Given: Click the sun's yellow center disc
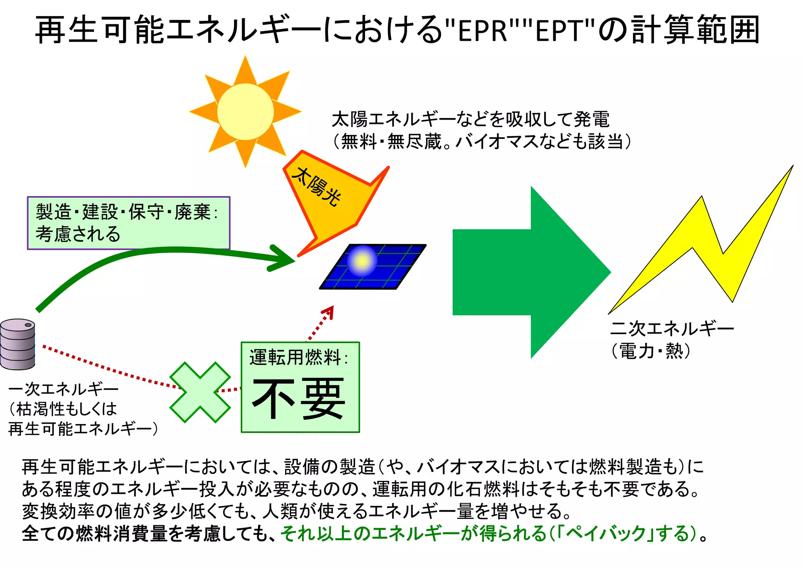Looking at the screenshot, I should pyautogui.click(x=245, y=112).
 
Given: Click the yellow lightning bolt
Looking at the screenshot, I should pyautogui.click(x=706, y=251).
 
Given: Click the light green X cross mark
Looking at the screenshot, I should pyautogui.click(x=200, y=392).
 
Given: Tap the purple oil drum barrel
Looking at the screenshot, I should pyautogui.click(x=18, y=344).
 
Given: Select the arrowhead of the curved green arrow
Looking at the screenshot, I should pyautogui.click(x=284, y=259).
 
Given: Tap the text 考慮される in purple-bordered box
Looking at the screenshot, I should pyautogui.click(x=78, y=234).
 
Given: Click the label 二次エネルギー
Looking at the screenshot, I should pyautogui.click(x=672, y=328).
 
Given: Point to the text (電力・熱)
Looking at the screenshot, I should pyautogui.click(x=651, y=351).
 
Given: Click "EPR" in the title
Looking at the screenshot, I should pyautogui.click(x=483, y=30).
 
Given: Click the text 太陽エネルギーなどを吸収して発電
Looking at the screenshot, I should pyautogui.click(x=471, y=119).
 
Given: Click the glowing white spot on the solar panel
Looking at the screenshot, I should pyautogui.click(x=362, y=260).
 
